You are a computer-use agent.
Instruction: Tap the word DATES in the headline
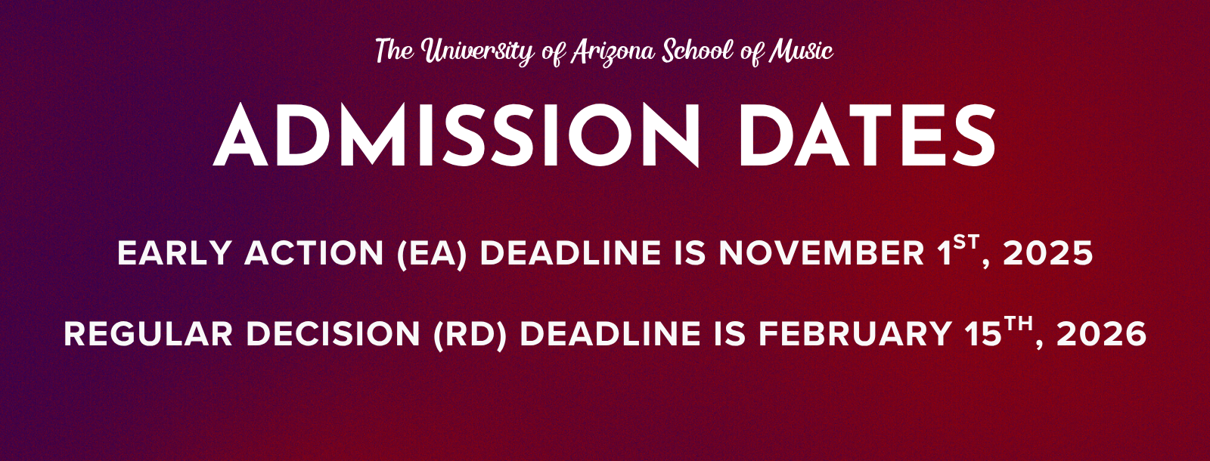[x=867, y=135]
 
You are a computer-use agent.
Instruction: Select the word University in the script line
[x=477, y=52]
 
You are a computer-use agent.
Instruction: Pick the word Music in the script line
[x=801, y=51]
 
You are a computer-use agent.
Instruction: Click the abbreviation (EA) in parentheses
[x=432, y=253]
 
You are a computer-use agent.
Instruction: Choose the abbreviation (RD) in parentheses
[x=470, y=334]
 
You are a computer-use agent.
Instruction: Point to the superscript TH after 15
[x=1018, y=324]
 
